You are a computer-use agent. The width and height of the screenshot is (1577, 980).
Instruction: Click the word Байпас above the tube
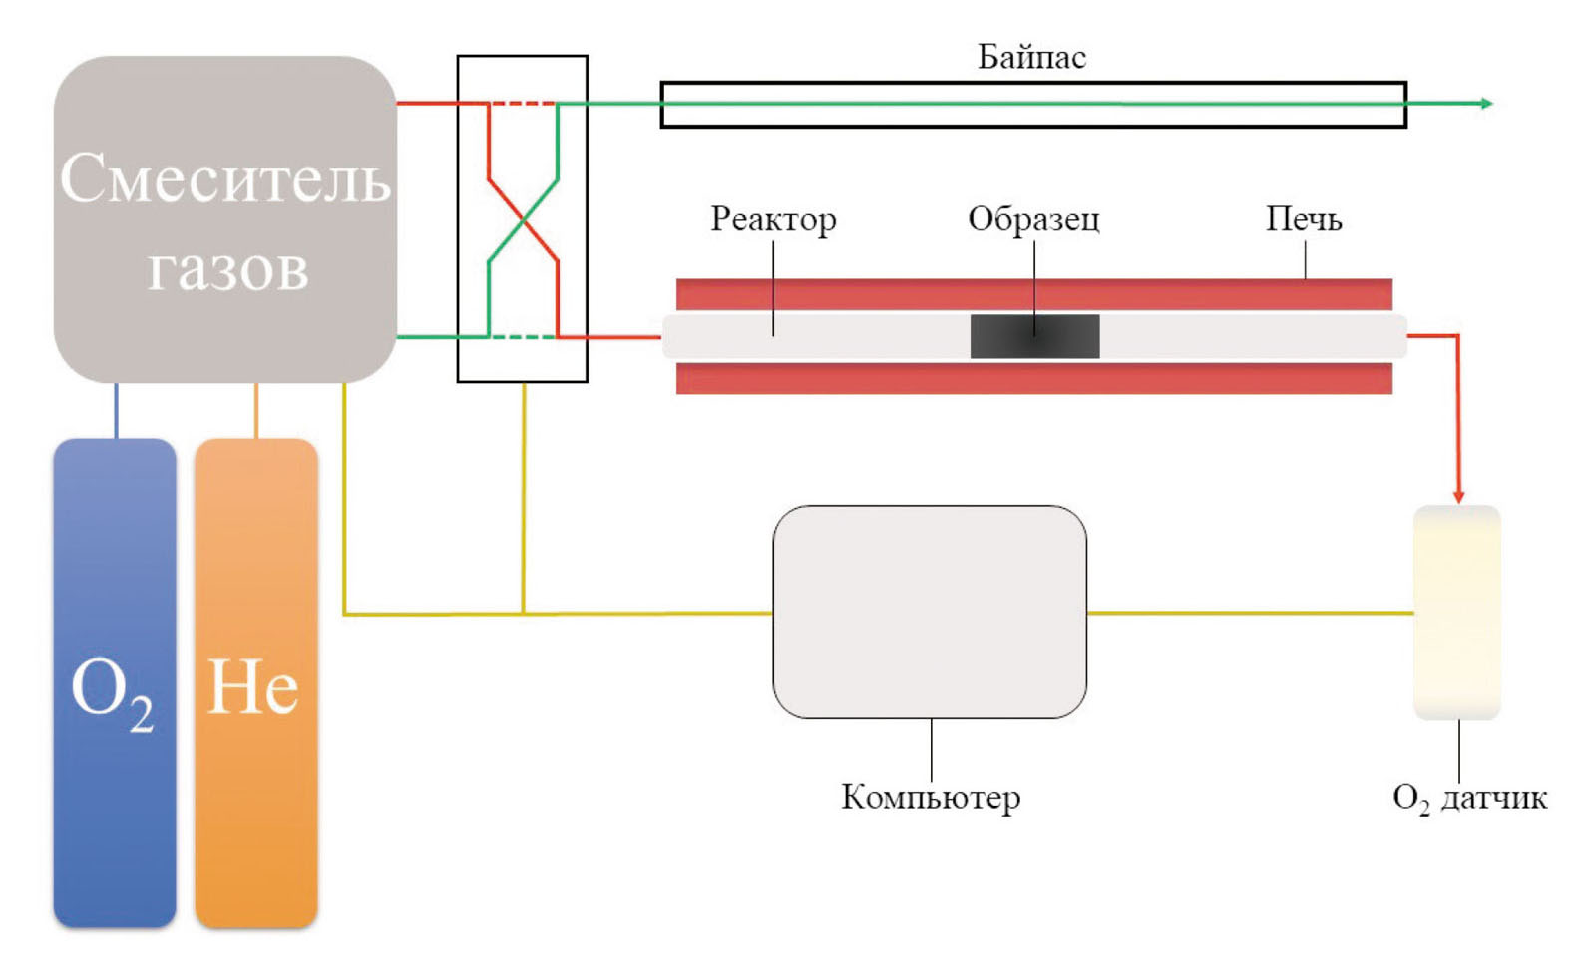coord(1030,58)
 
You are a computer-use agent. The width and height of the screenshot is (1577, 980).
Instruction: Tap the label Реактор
coord(773,219)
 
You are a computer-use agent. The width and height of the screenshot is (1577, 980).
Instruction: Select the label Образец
coord(1033,219)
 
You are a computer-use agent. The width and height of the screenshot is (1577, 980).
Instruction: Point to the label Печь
coord(1303,219)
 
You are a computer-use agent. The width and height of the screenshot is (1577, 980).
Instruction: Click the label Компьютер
coord(931,797)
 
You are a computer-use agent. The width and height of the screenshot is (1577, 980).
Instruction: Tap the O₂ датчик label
coord(1469,798)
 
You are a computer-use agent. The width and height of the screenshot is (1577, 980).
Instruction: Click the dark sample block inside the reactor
coord(1034,336)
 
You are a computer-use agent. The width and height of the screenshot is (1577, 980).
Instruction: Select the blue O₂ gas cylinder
coord(115,683)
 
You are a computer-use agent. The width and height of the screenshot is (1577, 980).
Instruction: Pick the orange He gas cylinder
coord(255,683)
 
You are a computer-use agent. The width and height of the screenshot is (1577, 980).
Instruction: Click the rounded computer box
coord(930,611)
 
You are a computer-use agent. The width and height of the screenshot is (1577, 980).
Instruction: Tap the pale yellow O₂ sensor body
coord(1457,612)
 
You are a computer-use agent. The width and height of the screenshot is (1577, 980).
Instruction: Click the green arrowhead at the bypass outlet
coord(1486,103)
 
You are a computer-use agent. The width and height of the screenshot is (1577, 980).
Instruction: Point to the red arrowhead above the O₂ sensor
coord(1458,495)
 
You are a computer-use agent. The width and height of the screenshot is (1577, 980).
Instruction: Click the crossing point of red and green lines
coord(523,220)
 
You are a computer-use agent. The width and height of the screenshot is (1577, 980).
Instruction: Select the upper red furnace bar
coord(1033,294)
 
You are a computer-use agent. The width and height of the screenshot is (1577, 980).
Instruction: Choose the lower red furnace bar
coord(1033,378)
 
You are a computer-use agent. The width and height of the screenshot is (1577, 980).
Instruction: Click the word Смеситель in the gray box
coord(224,179)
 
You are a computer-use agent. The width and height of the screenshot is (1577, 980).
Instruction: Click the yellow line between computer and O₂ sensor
coord(1250,613)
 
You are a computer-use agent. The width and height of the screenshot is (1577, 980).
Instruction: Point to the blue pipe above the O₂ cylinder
coord(116,410)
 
